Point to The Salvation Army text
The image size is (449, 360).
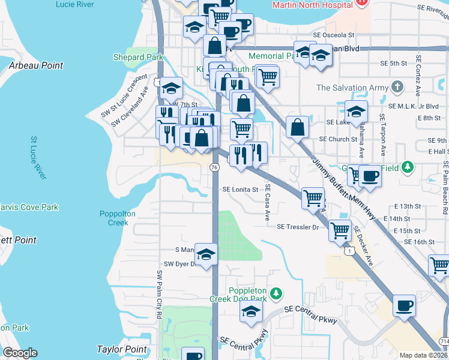pyautogui.click(x=352, y=88)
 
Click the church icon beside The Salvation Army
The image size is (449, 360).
pyautogui.click(x=396, y=88)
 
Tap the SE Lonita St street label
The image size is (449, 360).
pyautogui.click(x=240, y=189)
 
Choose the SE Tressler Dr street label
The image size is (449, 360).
pyautogui.click(x=298, y=227)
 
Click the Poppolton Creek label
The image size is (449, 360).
pyautogui.click(x=118, y=218)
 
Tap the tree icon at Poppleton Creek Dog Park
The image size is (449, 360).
pyautogui.click(x=276, y=293)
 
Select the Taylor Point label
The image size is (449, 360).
pyautogui.click(x=122, y=349)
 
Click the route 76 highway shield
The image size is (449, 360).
pyautogui.click(x=214, y=167)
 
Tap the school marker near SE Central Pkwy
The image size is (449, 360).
pyautogui.click(x=251, y=310)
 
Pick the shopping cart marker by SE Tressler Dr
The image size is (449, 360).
pyautogui.click(x=340, y=229)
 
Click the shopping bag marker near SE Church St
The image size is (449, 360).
pyautogui.click(x=298, y=127)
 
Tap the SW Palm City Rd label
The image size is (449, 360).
pyautogui.click(x=160, y=294)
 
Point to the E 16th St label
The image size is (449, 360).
pyautogui.click(x=420, y=242)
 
